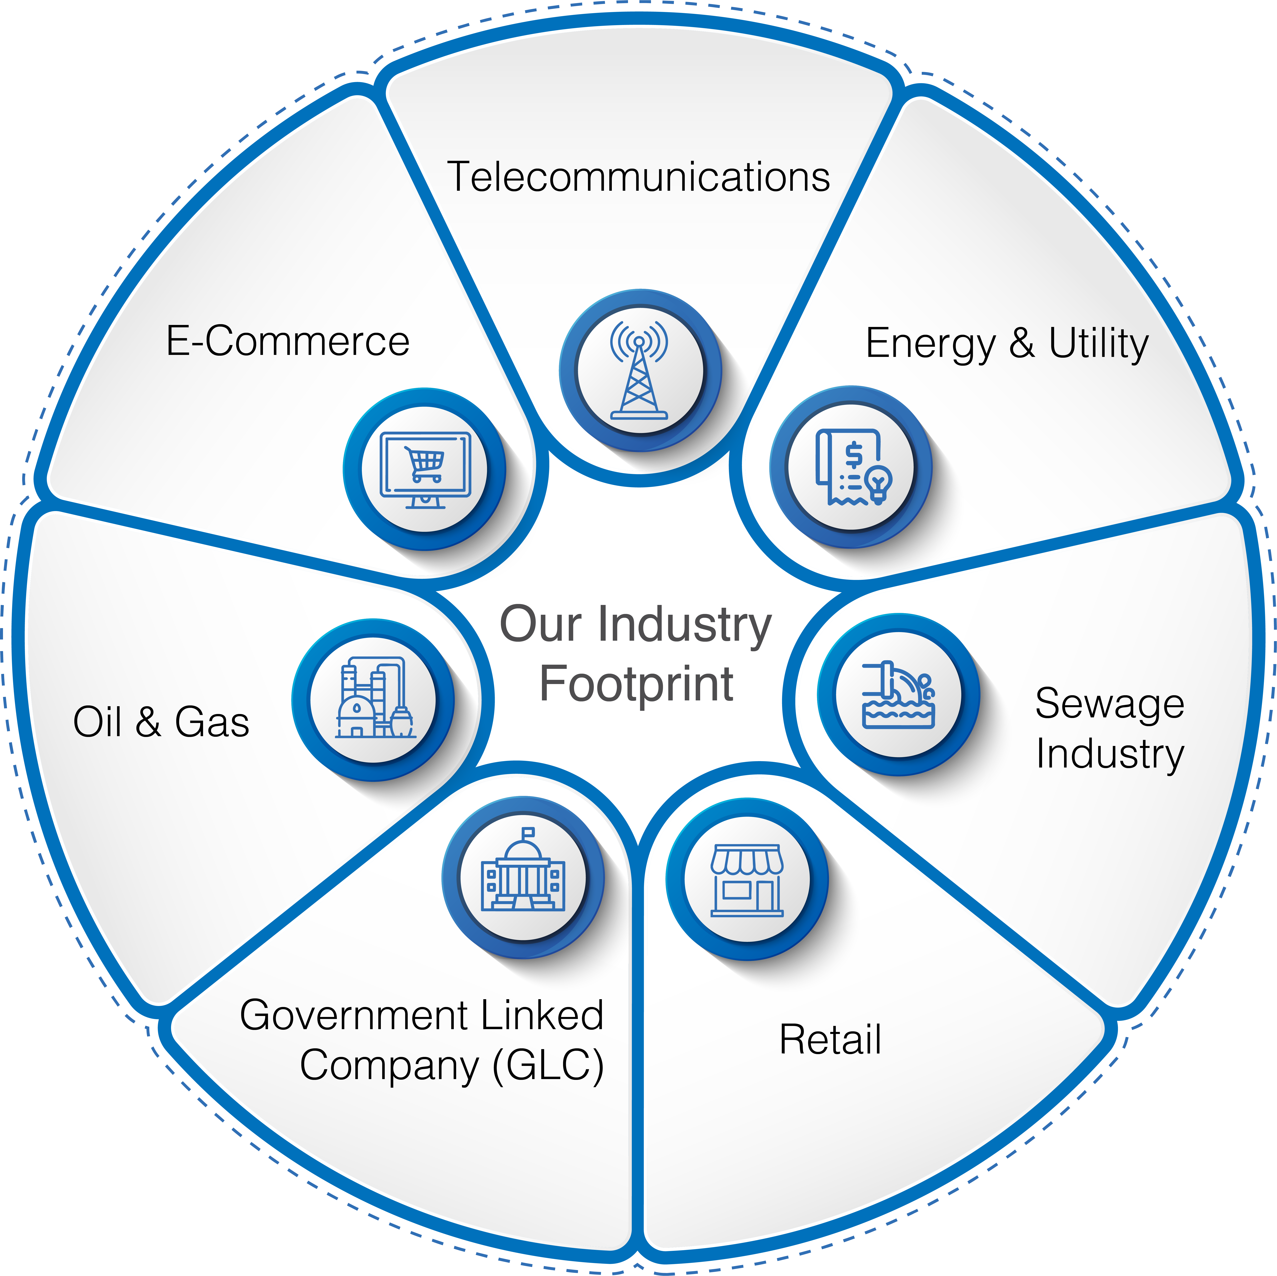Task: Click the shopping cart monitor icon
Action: point(425,469)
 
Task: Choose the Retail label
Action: point(830,1040)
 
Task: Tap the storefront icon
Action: point(747,880)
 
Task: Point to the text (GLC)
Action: point(549,1065)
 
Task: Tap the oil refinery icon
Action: point(373,699)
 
